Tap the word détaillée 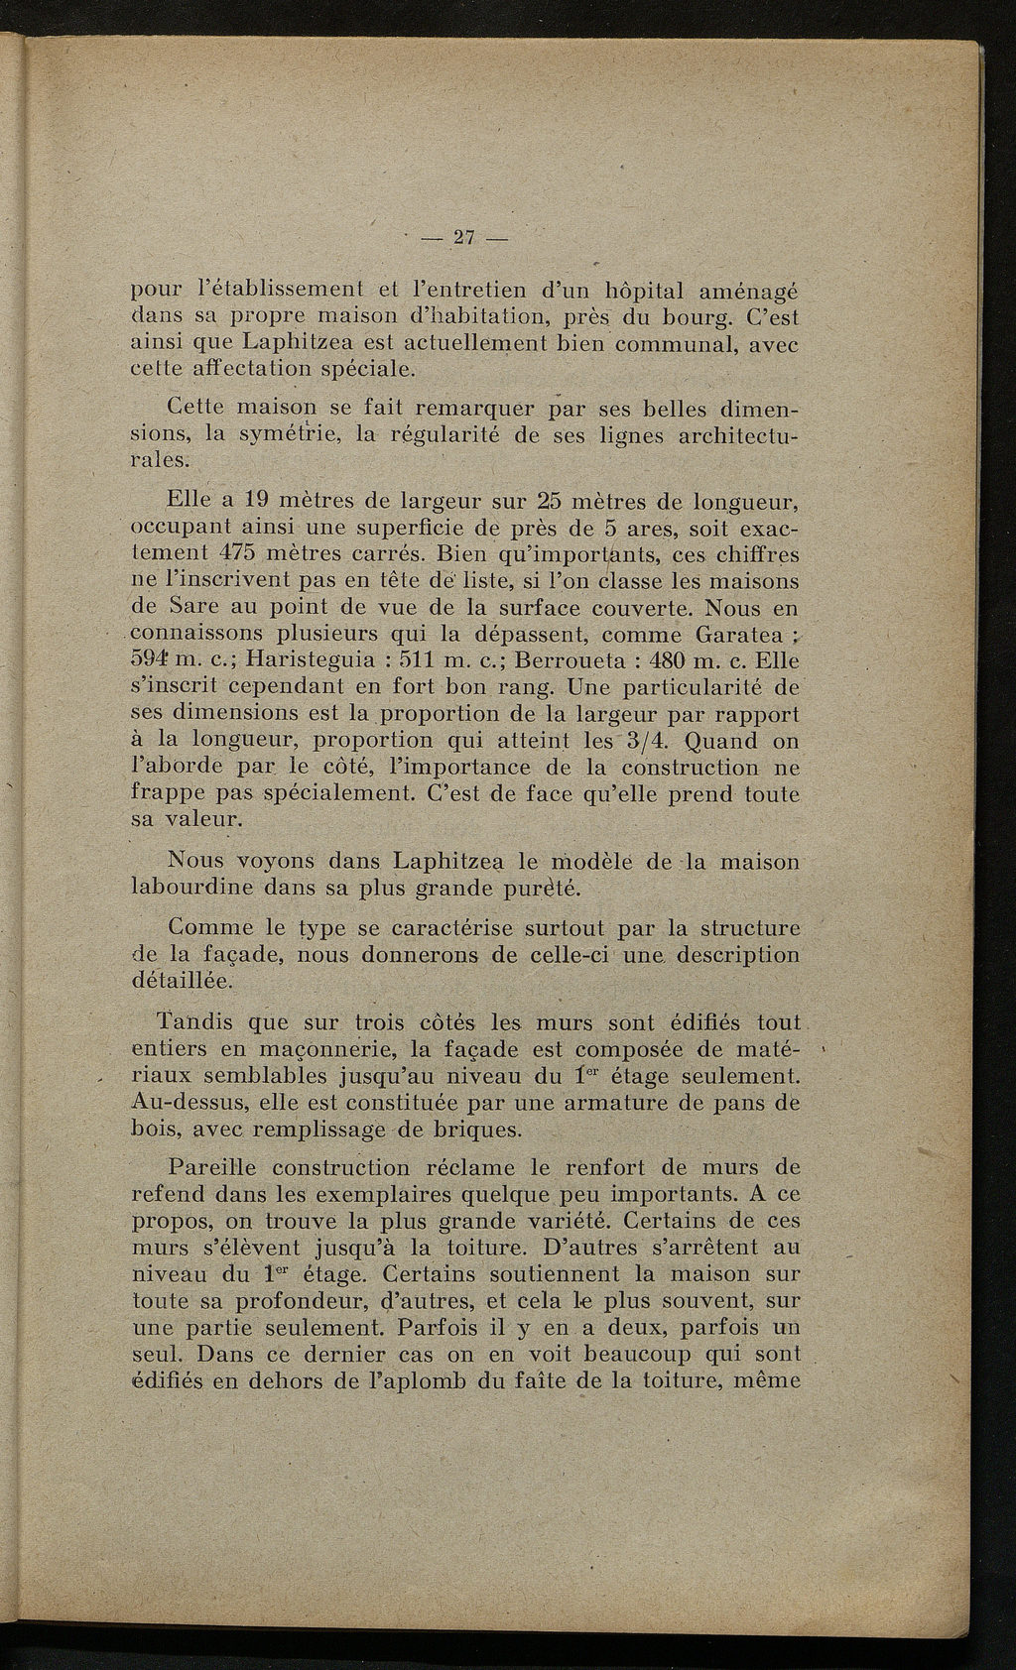point(181,982)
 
